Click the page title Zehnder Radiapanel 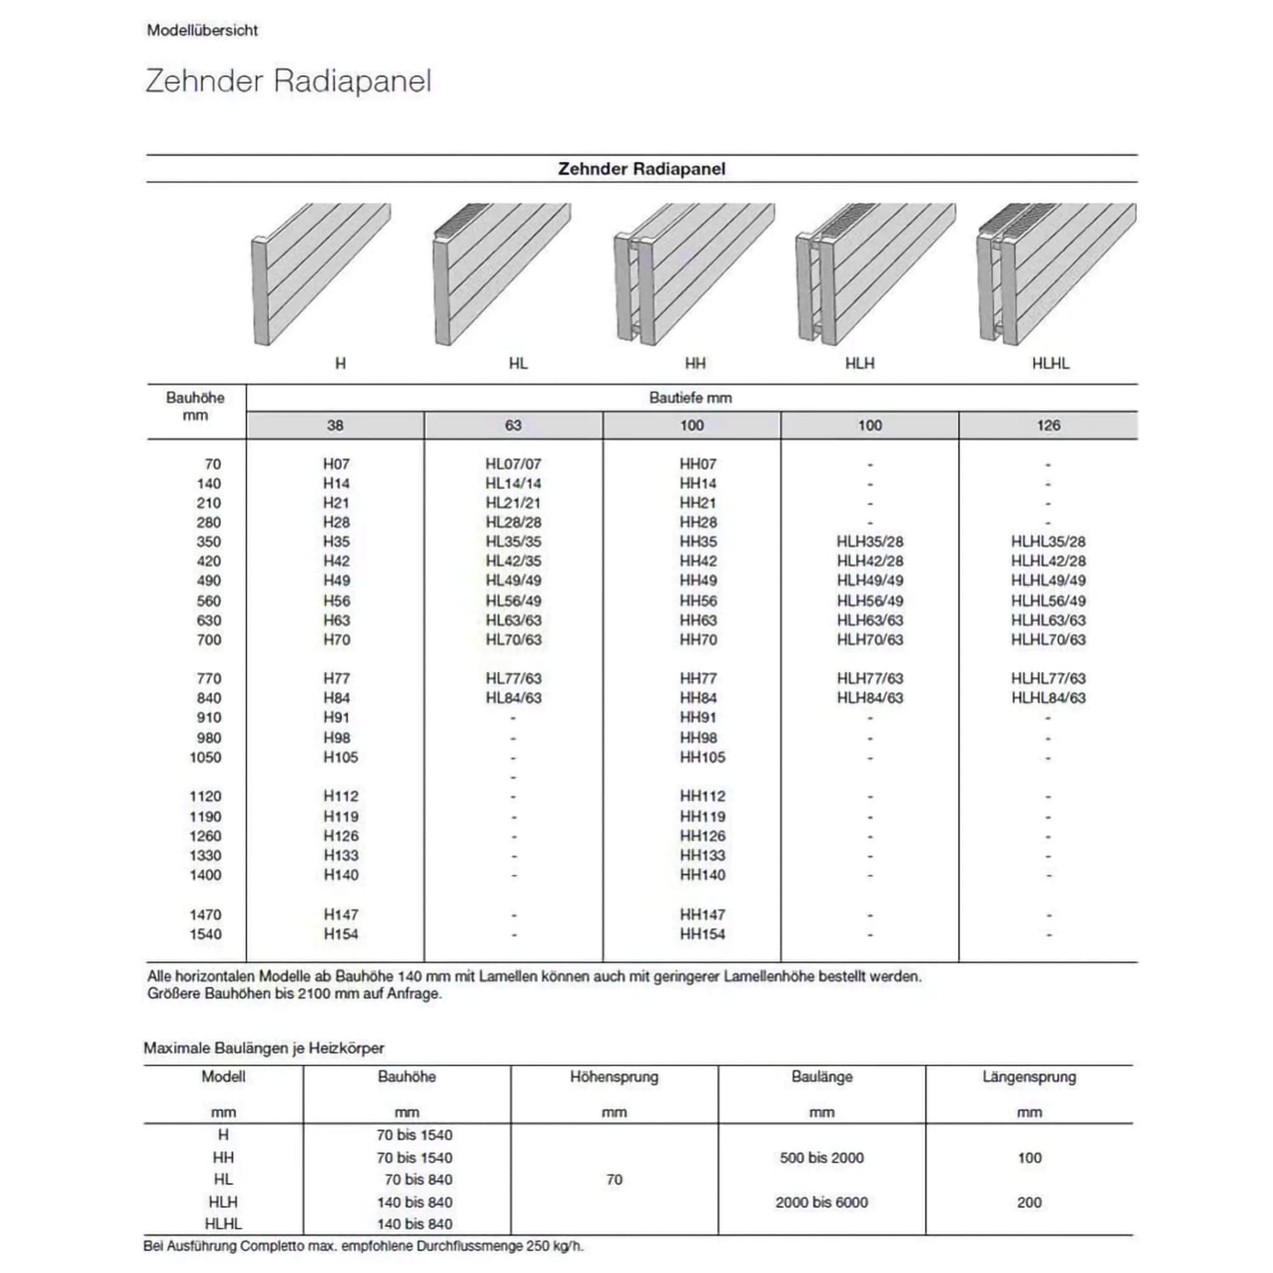[x=289, y=81]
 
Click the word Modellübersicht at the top [x=202, y=31]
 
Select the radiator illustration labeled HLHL [x=1056, y=273]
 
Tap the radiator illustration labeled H [x=321, y=273]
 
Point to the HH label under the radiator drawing [x=695, y=363]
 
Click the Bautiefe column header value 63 [x=513, y=425]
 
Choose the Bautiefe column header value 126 [x=1048, y=425]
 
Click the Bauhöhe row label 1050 [x=205, y=757]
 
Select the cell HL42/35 [x=513, y=561]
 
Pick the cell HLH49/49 [x=870, y=580]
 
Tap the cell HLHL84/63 [x=1048, y=698]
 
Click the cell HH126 [x=702, y=836]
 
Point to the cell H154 [x=340, y=934]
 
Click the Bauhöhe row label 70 [x=212, y=464]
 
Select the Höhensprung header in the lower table [x=614, y=1077]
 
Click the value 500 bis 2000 [x=822, y=1158]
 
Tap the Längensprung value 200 [x=1029, y=1203]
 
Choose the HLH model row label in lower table [x=223, y=1203]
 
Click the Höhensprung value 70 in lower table [x=614, y=1180]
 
